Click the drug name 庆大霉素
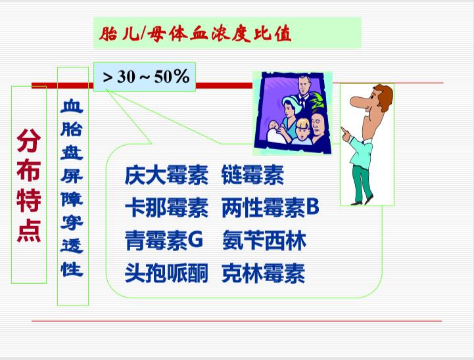tap(166, 175)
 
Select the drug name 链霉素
tap(252, 175)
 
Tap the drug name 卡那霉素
tap(166, 208)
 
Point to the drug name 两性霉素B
tap(270, 208)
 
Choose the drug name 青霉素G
tap(164, 240)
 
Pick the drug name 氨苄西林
tap(264, 240)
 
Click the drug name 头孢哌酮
tap(166, 273)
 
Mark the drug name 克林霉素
tap(263, 273)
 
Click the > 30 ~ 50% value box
tap(145, 77)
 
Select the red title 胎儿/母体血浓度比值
tap(195, 34)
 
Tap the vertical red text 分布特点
tap(29, 185)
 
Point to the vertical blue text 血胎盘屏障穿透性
tap(72, 188)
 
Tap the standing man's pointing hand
tap(346, 135)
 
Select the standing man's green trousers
tap(362, 184)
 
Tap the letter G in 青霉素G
tap(195, 240)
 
